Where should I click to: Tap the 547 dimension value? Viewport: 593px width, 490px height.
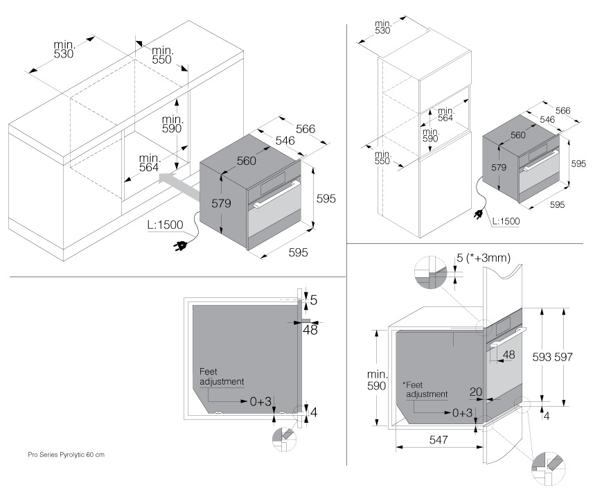pyautogui.click(x=438, y=439)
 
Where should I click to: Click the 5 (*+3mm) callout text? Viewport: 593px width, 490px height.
pyautogui.click(x=483, y=258)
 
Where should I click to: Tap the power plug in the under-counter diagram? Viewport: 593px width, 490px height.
pyautogui.click(x=182, y=245)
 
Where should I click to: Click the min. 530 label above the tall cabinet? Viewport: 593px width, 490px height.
pyautogui.click(x=382, y=27)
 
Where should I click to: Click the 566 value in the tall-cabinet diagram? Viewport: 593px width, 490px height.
pyautogui.click(x=563, y=110)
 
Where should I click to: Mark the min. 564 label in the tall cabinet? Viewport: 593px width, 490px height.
pyautogui.click(x=445, y=114)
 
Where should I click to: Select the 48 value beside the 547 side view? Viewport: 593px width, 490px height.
pyautogui.click(x=508, y=355)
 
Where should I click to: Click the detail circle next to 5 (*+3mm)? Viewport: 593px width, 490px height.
pyautogui.click(x=430, y=272)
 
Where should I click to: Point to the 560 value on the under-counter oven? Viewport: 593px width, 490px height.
pyautogui.click(x=247, y=161)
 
